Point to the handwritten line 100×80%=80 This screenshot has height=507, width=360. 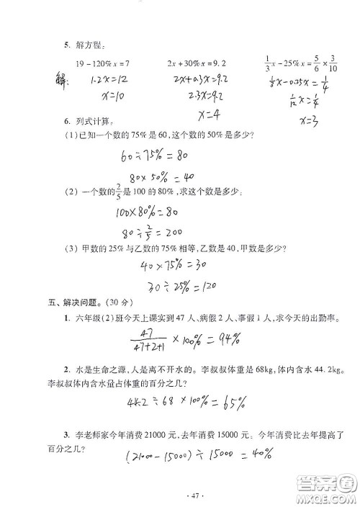click(146, 212)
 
